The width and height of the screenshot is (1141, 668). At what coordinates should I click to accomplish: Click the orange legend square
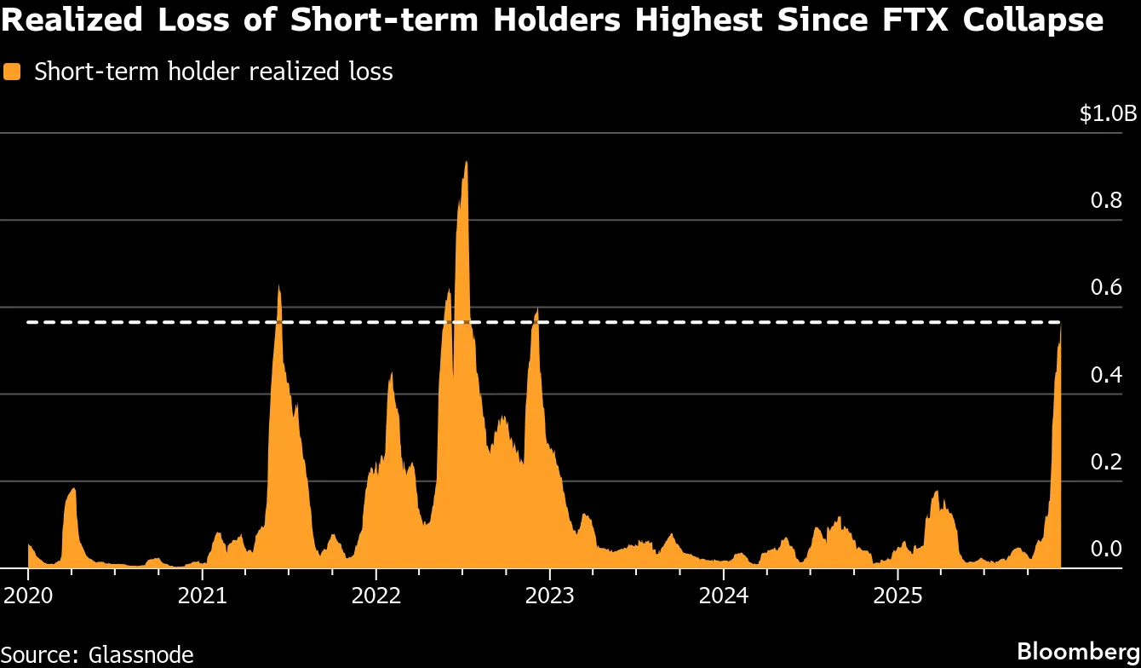pyautogui.click(x=12, y=72)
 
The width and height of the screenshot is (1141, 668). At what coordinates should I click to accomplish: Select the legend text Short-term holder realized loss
pyautogui.click(x=213, y=72)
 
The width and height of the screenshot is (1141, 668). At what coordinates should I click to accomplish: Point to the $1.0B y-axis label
pyautogui.click(x=1107, y=114)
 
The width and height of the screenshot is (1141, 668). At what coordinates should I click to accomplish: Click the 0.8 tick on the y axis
pyautogui.click(x=1106, y=201)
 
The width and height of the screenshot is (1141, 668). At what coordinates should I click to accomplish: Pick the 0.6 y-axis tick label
pyautogui.click(x=1106, y=288)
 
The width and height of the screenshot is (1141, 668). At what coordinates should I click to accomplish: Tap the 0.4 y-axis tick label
pyautogui.click(x=1106, y=375)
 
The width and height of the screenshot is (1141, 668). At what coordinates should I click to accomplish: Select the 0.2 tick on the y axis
pyautogui.click(x=1106, y=462)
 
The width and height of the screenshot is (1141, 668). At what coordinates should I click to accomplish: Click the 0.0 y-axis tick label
pyautogui.click(x=1106, y=549)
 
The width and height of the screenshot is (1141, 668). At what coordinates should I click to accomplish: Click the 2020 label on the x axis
pyautogui.click(x=27, y=595)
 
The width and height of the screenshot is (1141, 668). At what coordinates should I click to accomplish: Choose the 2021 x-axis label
pyautogui.click(x=202, y=595)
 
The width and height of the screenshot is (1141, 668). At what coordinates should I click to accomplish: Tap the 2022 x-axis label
pyautogui.click(x=376, y=595)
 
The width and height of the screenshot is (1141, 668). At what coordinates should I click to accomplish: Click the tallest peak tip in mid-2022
pyautogui.click(x=466, y=162)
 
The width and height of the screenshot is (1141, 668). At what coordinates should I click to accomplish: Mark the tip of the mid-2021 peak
pyautogui.click(x=278, y=286)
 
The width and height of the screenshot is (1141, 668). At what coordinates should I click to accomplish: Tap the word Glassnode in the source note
pyautogui.click(x=140, y=654)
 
